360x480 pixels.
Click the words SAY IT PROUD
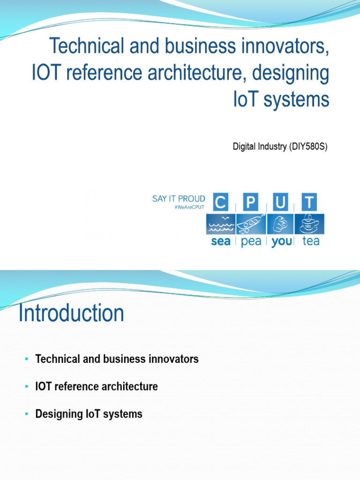point(179,199)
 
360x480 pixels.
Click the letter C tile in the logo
point(220,202)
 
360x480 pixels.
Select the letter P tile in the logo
point(251,202)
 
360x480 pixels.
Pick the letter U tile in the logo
point(280,202)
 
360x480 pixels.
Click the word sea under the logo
point(220,241)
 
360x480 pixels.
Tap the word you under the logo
point(281,241)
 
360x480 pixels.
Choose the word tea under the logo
point(311,241)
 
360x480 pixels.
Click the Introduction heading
point(71,313)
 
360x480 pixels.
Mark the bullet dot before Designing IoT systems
point(26,414)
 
